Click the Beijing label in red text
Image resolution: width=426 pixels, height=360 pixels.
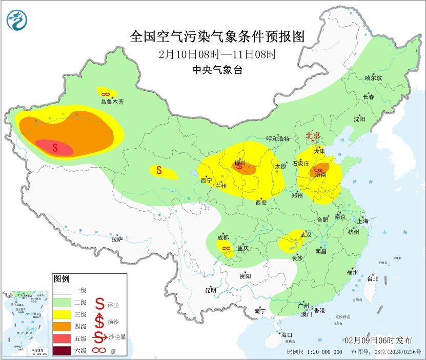coord(313,135)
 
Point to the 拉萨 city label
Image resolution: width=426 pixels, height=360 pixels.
coord(117,239)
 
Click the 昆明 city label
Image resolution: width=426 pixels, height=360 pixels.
coord(211,290)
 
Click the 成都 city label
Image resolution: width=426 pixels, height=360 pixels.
coord(223,237)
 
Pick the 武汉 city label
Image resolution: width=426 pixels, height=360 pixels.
coord(306,234)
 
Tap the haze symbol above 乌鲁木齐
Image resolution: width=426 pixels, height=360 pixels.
coord(105,94)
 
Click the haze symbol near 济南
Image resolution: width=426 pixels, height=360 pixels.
coord(318,170)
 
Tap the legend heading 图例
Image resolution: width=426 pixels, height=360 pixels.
coord(61,279)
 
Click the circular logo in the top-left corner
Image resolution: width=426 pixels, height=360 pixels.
coord(16,19)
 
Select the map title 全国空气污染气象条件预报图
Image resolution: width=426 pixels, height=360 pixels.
coord(217,37)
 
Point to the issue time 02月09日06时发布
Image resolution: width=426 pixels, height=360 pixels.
coord(378,341)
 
